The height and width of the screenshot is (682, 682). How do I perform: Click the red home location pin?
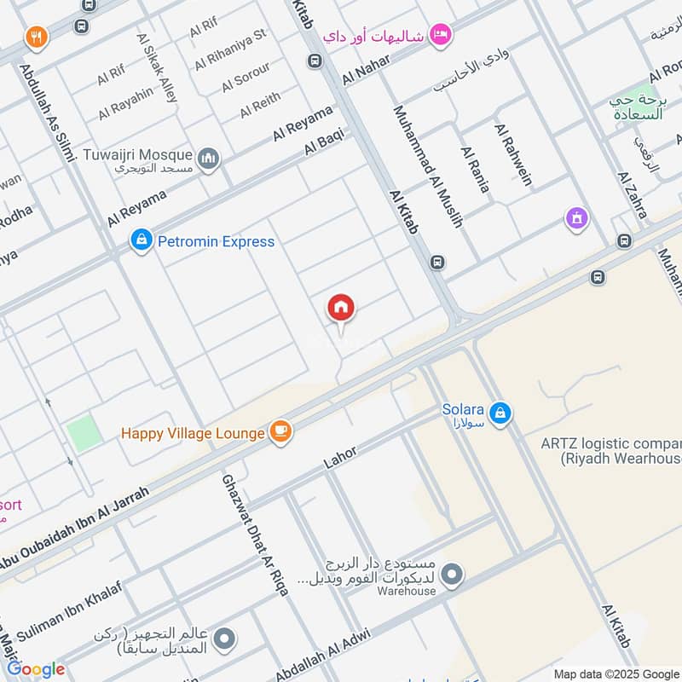tap(341, 308)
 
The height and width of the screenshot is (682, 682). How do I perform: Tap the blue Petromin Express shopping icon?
tap(141, 241)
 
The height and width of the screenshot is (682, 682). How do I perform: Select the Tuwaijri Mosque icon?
tap(209, 159)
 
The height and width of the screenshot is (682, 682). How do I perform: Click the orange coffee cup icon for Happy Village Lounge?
tap(280, 433)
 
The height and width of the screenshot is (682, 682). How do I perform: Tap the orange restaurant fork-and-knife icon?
tap(36, 37)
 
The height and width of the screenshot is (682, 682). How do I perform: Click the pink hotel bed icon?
tap(441, 34)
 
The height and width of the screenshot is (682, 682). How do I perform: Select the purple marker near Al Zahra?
tap(577, 219)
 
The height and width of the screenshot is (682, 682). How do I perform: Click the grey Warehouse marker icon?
tap(454, 575)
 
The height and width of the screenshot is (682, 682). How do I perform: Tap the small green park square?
tap(84, 432)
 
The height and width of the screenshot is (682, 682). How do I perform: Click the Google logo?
tap(37, 668)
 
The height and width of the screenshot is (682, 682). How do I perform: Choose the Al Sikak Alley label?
tap(157, 69)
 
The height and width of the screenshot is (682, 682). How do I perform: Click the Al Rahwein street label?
tap(513, 153)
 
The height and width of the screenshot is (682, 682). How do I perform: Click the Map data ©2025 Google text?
tap(615, 673)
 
